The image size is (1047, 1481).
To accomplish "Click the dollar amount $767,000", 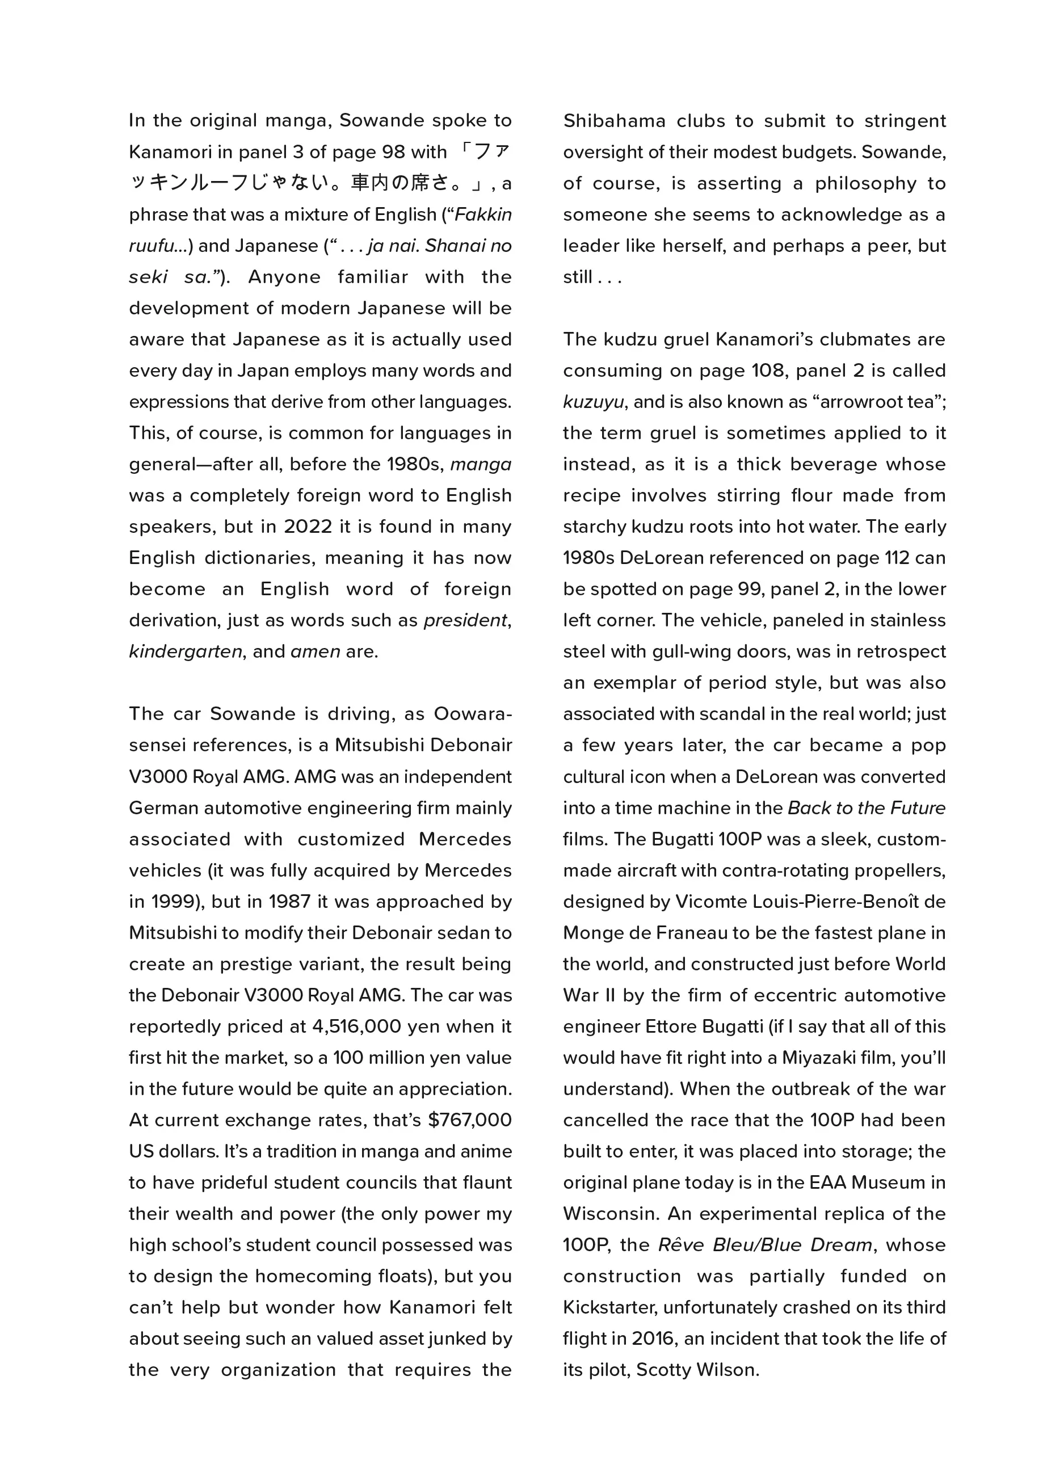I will [470, 1119].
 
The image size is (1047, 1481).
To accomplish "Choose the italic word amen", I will [316, 651].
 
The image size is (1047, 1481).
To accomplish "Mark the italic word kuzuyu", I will [593, 402].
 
